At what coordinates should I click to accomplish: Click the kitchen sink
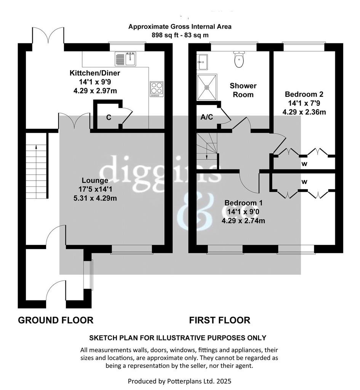(x=125, y=59)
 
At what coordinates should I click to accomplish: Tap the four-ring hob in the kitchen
(x=157, y=89)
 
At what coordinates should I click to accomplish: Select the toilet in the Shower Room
(x=239, y=59)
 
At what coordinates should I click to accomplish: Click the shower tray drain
(x=206, y=87)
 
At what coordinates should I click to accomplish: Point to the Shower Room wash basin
(x=202, y=62)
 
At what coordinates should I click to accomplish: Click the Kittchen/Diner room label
(x=95, y=73)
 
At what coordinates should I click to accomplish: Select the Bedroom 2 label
(x=304, y=94)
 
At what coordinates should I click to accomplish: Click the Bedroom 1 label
(x=243, y=203)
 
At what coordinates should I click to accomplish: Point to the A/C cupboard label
(x=207, y=117)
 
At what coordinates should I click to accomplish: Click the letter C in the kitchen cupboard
(x=109, y=117)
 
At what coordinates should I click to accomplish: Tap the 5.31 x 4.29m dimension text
(x=95, y=198)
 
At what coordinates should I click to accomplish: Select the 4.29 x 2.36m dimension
(x=304, y=112)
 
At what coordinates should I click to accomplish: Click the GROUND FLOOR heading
(x=56, y=320)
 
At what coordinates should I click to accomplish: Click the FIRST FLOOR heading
(x=220, y=320)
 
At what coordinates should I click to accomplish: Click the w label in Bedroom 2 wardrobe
(x=304, y=164)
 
